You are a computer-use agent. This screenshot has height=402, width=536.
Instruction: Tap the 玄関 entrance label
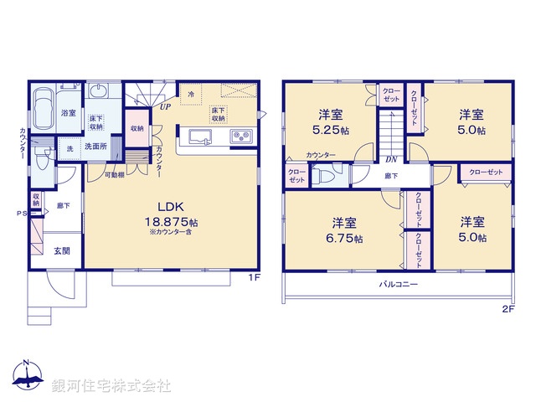pos(62,250)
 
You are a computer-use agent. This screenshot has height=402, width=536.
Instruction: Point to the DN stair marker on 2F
pos(390,160)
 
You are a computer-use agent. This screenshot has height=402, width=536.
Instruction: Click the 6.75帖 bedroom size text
pos(344,238)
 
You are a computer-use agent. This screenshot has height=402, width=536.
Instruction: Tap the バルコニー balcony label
pos(397,285)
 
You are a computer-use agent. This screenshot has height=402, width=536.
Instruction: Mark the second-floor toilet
pos(324,176)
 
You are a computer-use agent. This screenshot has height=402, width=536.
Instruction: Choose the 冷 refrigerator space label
pos(192,93)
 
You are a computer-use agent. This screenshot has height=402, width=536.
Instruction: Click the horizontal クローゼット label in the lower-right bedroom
pos(486,172)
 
